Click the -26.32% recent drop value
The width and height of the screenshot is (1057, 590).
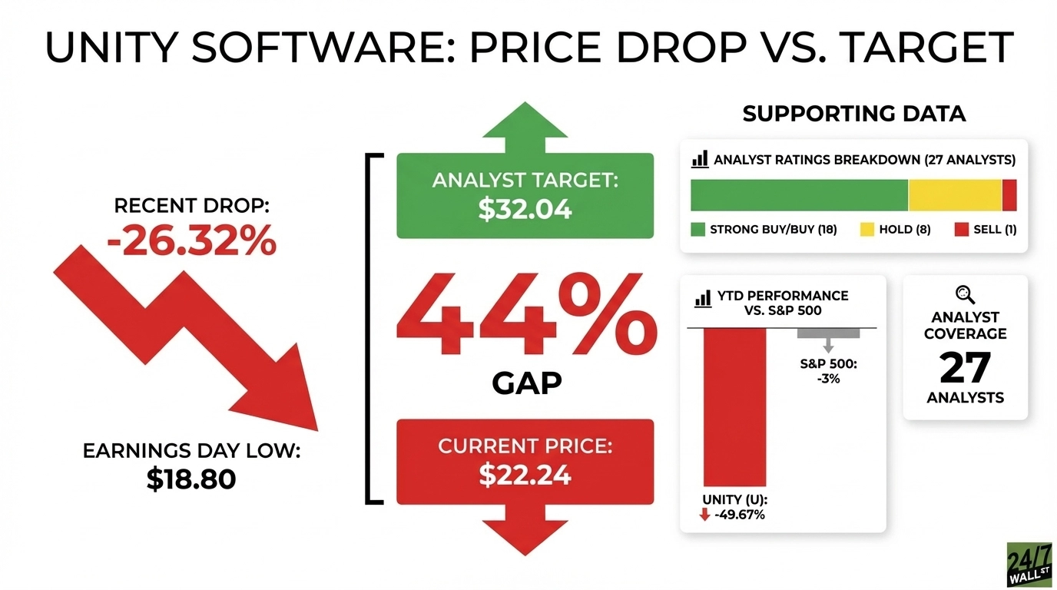(x=191, y=242)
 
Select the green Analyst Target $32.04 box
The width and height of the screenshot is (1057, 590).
(x=525, y=196)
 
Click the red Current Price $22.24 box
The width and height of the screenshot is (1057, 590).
(x=525, y=462)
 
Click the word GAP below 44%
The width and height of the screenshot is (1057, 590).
(x=527, y=382)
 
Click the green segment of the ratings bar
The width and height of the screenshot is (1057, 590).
(x=799, y=195)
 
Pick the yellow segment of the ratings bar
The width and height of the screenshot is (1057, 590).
(x=955, y=195)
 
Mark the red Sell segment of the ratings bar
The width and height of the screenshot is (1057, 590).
(x=1009, y=195)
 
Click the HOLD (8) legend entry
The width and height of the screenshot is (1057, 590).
(x=895, y=229)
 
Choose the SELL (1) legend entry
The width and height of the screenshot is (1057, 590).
(x=985, y=229)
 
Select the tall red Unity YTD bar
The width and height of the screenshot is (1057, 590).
(x=734, y=407)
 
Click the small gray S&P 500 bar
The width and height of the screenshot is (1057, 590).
(x=828, y=333)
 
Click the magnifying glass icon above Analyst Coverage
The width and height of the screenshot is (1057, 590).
(x=965, y=294)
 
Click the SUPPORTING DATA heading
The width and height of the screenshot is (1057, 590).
(x=853, y=114)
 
